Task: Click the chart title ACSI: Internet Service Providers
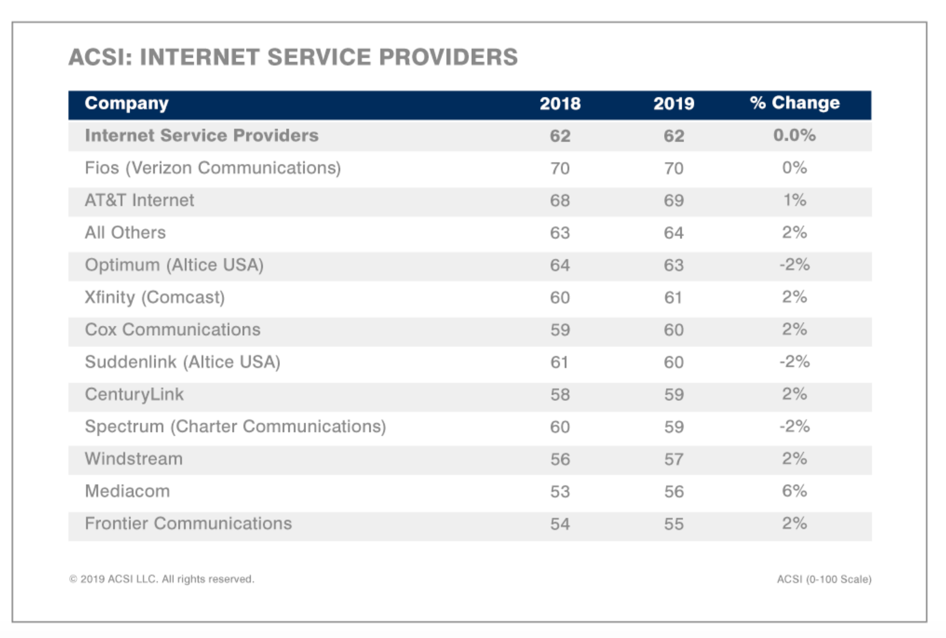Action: click(292, 57)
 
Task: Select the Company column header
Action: click(127, 103)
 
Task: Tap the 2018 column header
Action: click(560, 104)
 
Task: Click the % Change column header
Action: click(794, 103)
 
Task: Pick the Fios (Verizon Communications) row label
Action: click(213, 168)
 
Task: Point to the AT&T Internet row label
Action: click(140, 200)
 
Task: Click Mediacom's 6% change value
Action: click(794, 491)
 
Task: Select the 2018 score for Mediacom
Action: click(560, 492)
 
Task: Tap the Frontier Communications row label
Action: click(188, 524)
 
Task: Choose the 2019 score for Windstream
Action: click(673, 459)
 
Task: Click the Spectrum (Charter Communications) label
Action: click(235, 427)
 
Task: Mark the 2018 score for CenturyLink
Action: click(560, 395)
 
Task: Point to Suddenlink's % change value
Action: click(794, 362)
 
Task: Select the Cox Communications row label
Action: click(173, 330)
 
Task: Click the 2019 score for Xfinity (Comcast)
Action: click(673, 298)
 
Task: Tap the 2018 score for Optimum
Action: click(560, 265)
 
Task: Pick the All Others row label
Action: click(125, 233)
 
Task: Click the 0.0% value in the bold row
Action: click(794, 135)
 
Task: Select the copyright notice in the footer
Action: click(161, 579)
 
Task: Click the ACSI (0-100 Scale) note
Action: click(824, 579)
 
